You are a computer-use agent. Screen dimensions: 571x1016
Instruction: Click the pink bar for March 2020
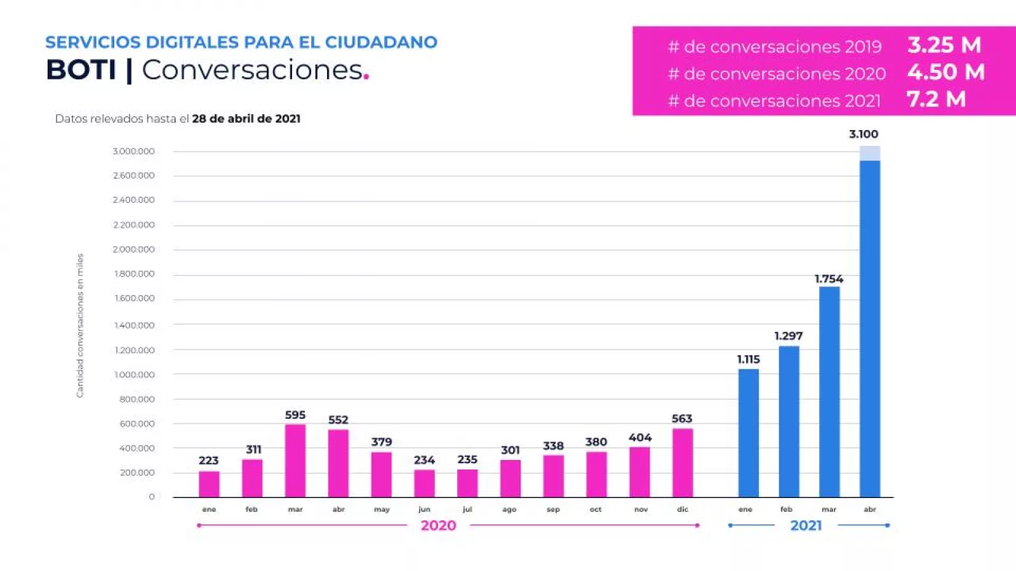295,461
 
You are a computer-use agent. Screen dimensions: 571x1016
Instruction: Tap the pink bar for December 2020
683,463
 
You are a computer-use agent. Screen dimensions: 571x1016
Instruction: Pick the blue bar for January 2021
748,433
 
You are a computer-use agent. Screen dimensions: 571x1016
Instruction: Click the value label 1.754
829,279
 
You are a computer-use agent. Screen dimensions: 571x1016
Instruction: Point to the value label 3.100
864,135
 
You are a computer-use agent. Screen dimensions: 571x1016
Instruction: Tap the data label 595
295,415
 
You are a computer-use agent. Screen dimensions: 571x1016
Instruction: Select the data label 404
640,438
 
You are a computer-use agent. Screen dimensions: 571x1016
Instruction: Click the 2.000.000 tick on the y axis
134,249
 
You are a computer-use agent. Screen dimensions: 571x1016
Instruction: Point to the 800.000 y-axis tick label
137,399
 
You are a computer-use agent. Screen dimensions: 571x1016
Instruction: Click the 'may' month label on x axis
382,509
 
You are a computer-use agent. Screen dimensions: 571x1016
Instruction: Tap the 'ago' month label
509,509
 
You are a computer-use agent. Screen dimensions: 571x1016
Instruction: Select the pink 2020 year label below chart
438,525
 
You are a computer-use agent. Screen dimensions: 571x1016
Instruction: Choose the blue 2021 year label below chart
806,525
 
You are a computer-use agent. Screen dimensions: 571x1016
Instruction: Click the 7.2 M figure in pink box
936,100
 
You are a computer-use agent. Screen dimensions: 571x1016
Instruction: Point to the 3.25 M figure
944,45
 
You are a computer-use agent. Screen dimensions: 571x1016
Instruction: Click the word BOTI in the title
81,70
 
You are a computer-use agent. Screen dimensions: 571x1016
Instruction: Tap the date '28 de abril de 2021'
246,119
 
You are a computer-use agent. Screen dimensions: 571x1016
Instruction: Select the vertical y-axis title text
80,325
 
